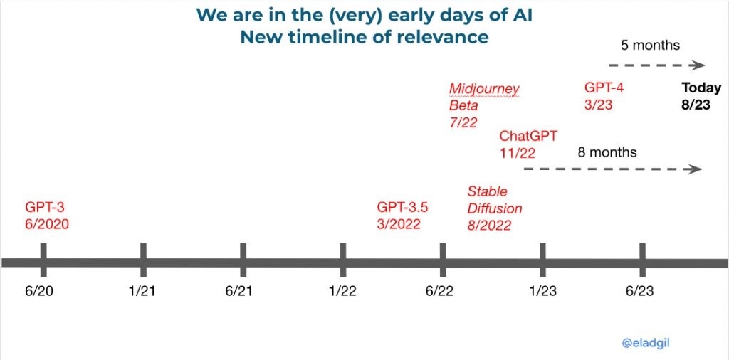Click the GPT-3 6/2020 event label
click(x=47, y=215)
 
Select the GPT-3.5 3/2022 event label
click(x=402, y=215)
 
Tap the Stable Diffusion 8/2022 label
click(x=495, y=208)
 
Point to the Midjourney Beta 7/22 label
click(x=484, y=105)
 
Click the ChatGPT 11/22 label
click(x=528, y=144)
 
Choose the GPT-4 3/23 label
click(x=604, y=96)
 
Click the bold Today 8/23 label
click(x=701, y=96)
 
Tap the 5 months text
click(x=650, y=46)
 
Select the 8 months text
click(x=607, y=152)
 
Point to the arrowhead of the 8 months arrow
click(x=695, y=169)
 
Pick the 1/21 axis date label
click(x=142, y=291)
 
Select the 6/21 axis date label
click(x=239, y=291)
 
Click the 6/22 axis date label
click(x=439, y=291)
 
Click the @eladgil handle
click(x=646, y=343)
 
